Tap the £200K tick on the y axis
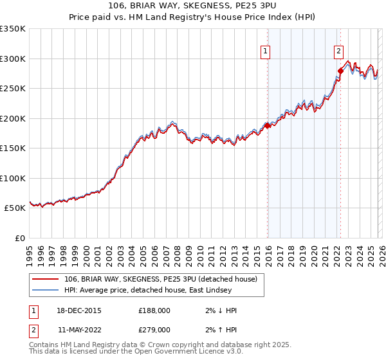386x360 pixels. click(13, 118)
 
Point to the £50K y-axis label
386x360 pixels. click(15, 208)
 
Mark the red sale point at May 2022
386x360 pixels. click(340, 71)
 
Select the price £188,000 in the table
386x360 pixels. click(154, 310)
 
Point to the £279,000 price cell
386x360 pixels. click(154, 330)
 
